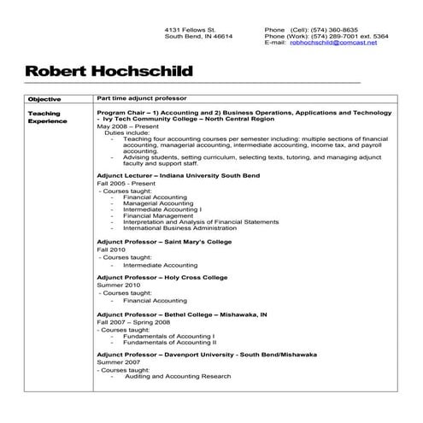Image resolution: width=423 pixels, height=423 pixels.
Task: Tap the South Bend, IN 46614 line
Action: coord(198,36)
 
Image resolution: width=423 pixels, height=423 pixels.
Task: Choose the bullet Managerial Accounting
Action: coord(157,203)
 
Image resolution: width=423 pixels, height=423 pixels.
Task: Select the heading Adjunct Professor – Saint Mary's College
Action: coord(164,242)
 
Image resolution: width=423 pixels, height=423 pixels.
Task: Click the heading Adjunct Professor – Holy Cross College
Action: coord(163,278)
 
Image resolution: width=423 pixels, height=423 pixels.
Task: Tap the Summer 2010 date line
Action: coord(119,285)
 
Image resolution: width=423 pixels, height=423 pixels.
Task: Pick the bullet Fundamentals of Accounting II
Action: coord(169,342)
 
